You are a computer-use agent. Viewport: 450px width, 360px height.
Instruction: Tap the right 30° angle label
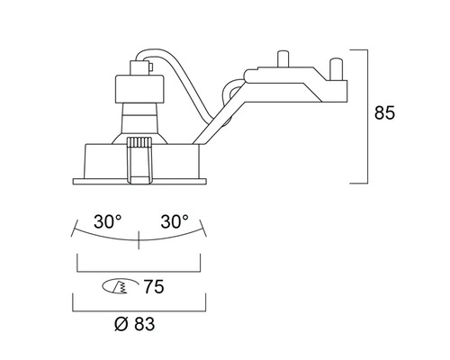[174, 220]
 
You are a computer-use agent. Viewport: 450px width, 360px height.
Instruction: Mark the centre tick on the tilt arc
[139, 239]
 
